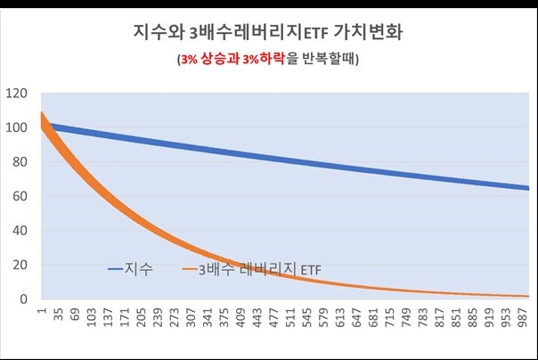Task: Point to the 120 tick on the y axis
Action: click(x=17, y=93)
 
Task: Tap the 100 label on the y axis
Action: click(x=17, y=127)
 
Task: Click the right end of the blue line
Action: click(x=527, y=188)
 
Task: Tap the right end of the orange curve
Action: click(x=527, y=296)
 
